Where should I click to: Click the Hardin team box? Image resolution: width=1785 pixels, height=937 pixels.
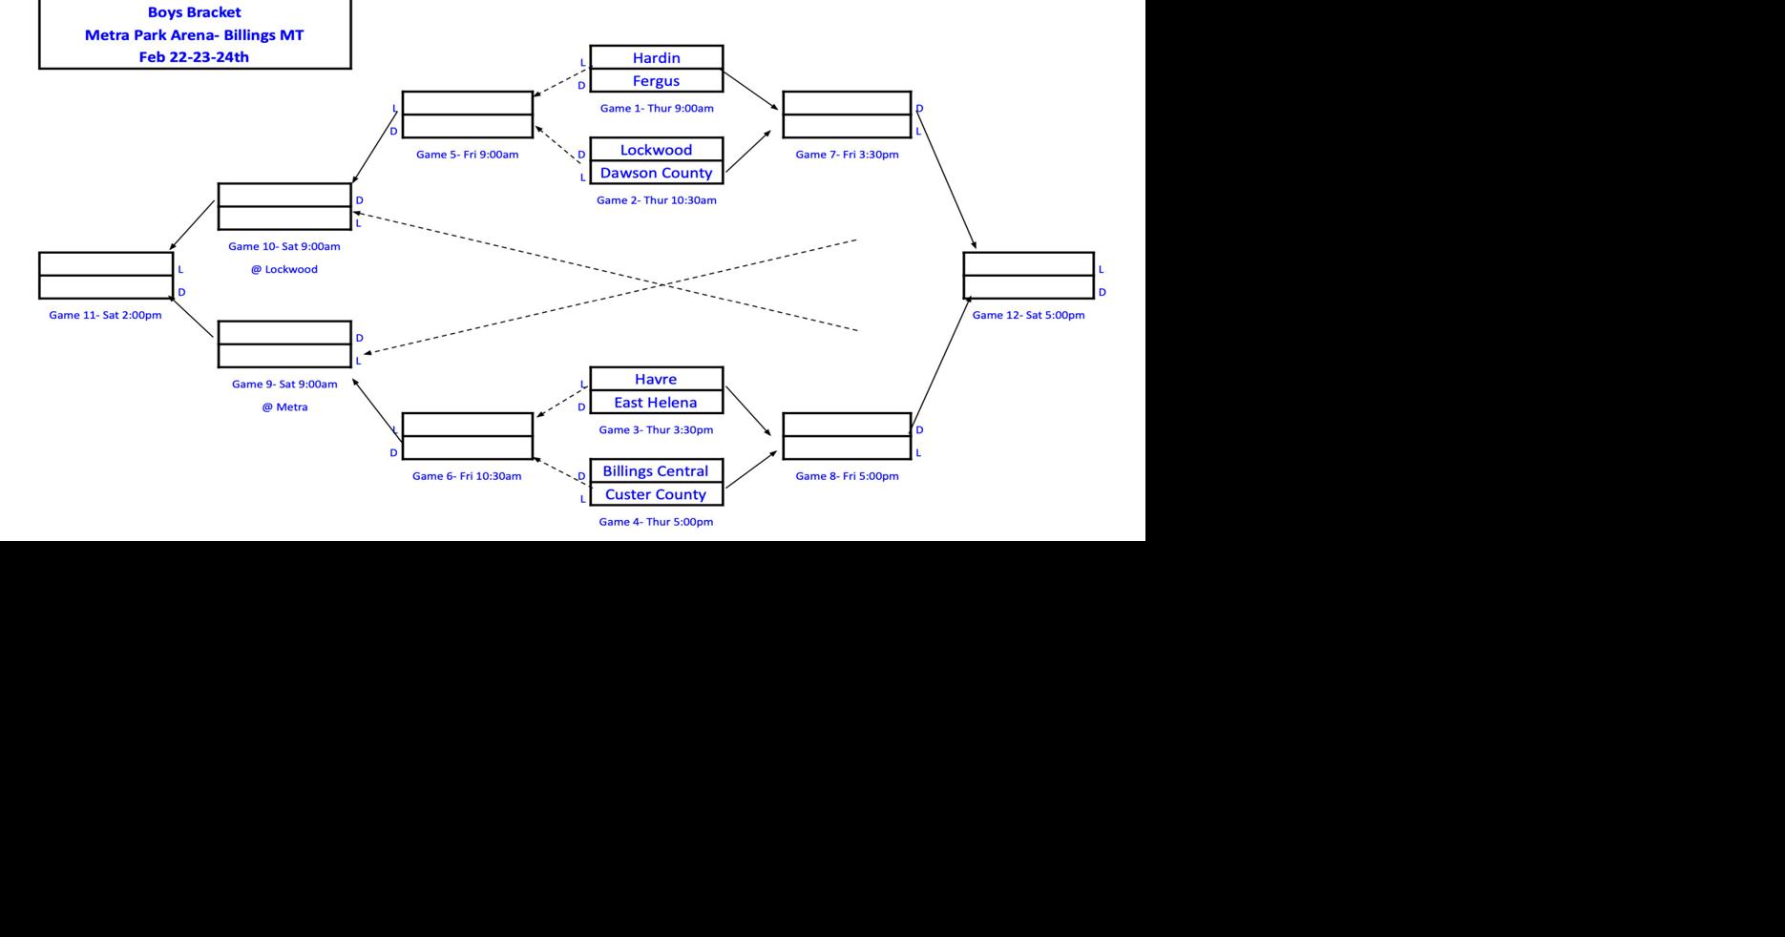[x=656, y=57]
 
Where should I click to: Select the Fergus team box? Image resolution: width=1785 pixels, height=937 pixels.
[x=656, y=81]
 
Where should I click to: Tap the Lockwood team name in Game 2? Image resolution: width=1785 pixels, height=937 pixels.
[x=656, y=150]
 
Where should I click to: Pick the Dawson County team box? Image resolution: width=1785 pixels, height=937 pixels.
[x=656, y=173]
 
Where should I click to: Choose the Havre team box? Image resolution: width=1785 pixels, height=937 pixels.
[x=656, y=379]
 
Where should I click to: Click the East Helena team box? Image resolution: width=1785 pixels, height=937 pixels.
[x=656, y=403]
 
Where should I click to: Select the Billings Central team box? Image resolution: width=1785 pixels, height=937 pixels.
[x=656, y=471]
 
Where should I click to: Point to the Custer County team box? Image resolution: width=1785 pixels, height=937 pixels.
[x=656, y=494]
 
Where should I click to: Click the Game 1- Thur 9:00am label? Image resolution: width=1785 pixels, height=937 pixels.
[x=657, y=109]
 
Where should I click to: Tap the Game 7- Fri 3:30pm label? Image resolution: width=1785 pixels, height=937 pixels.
[x=847, y=155]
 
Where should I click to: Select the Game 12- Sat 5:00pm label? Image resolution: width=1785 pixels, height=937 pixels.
[x=1028, y=315]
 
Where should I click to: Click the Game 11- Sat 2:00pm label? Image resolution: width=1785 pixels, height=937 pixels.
[x=105, y=315]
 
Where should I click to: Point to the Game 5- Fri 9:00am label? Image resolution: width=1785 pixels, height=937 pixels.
[x=467, y=155]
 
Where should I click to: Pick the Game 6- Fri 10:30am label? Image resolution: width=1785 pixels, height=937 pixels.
[x=467, y=476]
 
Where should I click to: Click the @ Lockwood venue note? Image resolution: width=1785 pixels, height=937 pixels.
[x=284, y=269]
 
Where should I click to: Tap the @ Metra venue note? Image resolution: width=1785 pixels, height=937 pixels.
[x=284, y=407]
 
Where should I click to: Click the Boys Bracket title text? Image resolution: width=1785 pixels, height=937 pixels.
[x=194, y=12]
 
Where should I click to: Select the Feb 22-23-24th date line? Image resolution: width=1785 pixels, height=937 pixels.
[x=194, y=57]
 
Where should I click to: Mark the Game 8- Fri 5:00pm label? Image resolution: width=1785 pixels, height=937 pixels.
[x=847, y=476]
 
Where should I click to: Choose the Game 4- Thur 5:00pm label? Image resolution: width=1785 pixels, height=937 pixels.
[x=656, y=522]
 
